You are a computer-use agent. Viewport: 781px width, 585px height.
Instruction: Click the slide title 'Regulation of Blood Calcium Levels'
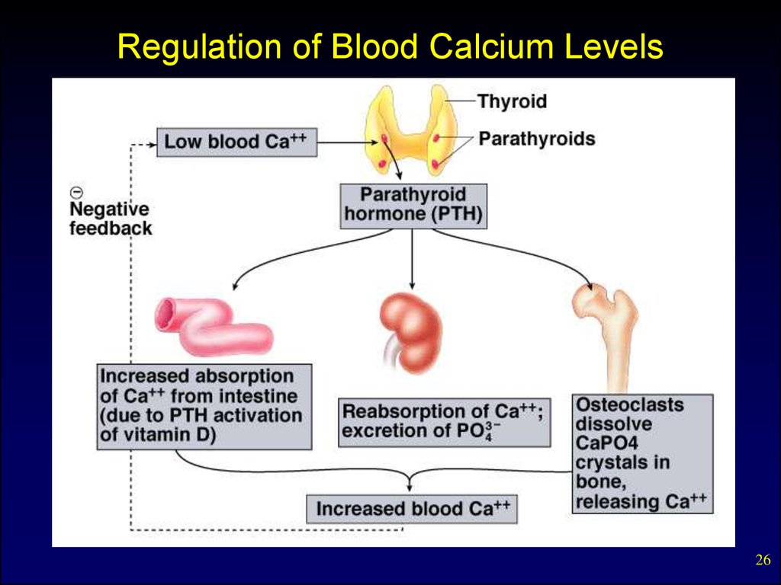coord(390,48)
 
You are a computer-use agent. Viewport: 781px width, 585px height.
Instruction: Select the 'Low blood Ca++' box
coord(236,142)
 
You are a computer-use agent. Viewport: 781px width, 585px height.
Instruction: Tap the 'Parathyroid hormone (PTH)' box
coord(413,204)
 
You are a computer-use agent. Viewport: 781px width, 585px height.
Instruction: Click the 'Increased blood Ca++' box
coord(412,509)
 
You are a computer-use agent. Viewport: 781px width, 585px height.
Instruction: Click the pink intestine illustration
coord(214,328)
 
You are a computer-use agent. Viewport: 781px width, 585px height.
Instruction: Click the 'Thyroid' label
coord(512,101)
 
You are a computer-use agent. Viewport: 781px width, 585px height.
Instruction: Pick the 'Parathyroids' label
coord(536,139)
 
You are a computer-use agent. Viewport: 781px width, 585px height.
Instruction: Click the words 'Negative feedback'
coord(110,218)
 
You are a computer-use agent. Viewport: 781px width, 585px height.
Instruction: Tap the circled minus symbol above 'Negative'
coord(76,193)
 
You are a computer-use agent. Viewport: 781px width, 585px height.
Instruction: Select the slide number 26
coord(762,561)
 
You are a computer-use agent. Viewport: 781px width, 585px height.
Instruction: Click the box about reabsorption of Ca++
coord(444,421)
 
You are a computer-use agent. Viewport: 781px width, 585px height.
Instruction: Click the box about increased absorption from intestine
coord(205,406)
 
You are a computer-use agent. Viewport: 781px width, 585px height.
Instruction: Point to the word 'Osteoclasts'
coord(629,404)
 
